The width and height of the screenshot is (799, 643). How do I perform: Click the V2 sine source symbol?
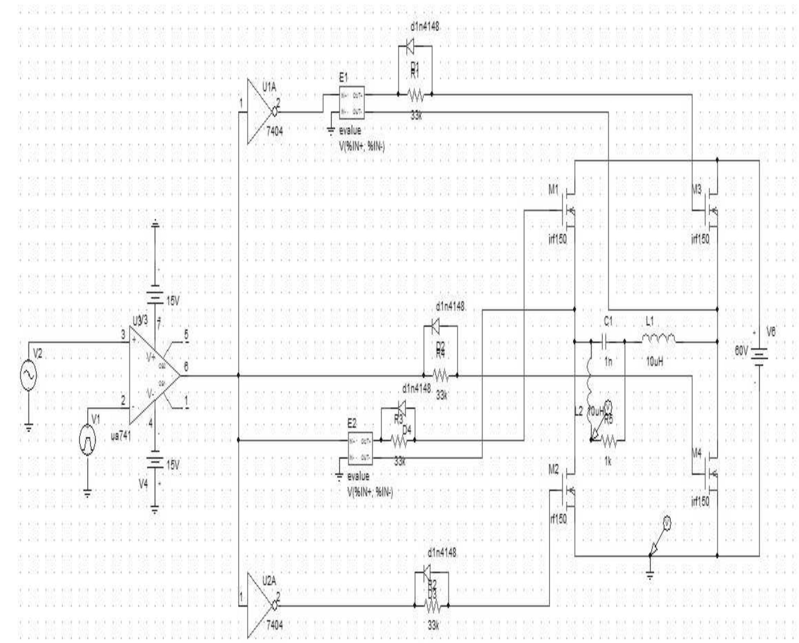point(28,376)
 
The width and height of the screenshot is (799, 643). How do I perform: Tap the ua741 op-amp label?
point(121,437)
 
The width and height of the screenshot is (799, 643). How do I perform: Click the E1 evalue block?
point(352,103)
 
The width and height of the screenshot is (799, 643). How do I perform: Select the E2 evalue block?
point(360,448)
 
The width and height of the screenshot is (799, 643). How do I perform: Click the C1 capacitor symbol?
point(606,342)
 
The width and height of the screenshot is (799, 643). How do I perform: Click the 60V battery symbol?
point(759,355)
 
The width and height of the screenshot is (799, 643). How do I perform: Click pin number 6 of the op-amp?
point(186,367)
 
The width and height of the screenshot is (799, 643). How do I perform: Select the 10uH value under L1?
point(655,362)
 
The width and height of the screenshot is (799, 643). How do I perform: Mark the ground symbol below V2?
point(29,428)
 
